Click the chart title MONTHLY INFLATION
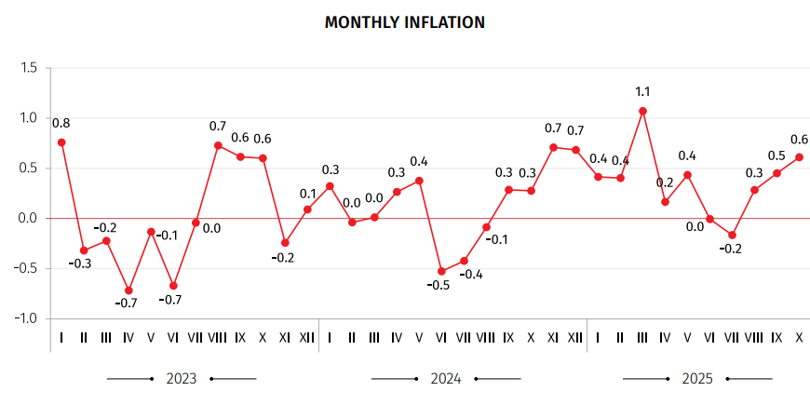coord(404,22)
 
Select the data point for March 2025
coord(642,111)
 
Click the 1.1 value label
coord(642,91)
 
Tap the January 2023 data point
coord(61,142)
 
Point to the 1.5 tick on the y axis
coord(28,68)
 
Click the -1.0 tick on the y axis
coord(26,318)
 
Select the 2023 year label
coord(181,379)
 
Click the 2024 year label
coord(445,379)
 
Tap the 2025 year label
coord(697,379)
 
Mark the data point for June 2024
coord(441,271)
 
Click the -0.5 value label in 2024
coord(438,286)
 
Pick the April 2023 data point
coord(128,290)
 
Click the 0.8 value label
coord(61,123)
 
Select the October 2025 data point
coord(799,157)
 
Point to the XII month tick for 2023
coord(307,337)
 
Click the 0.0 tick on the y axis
coord(28,218)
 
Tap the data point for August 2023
coord(218,145)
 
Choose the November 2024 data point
coord(553,147)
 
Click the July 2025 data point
coord(732,235)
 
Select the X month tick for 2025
coord(799,337)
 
